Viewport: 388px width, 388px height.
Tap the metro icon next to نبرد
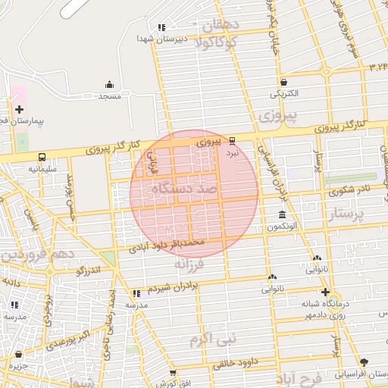232,140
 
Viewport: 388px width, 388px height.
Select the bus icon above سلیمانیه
41,157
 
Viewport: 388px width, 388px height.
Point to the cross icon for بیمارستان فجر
19,109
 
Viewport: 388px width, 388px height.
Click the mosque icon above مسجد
109,84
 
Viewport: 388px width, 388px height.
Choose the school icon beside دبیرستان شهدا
161,27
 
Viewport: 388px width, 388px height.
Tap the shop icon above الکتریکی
283,82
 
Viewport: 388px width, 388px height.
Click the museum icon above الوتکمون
282,214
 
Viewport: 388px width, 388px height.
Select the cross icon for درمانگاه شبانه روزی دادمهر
325,292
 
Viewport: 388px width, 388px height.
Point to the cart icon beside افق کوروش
173,373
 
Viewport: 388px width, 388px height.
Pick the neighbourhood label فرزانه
189,264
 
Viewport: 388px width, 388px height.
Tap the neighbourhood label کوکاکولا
217,42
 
